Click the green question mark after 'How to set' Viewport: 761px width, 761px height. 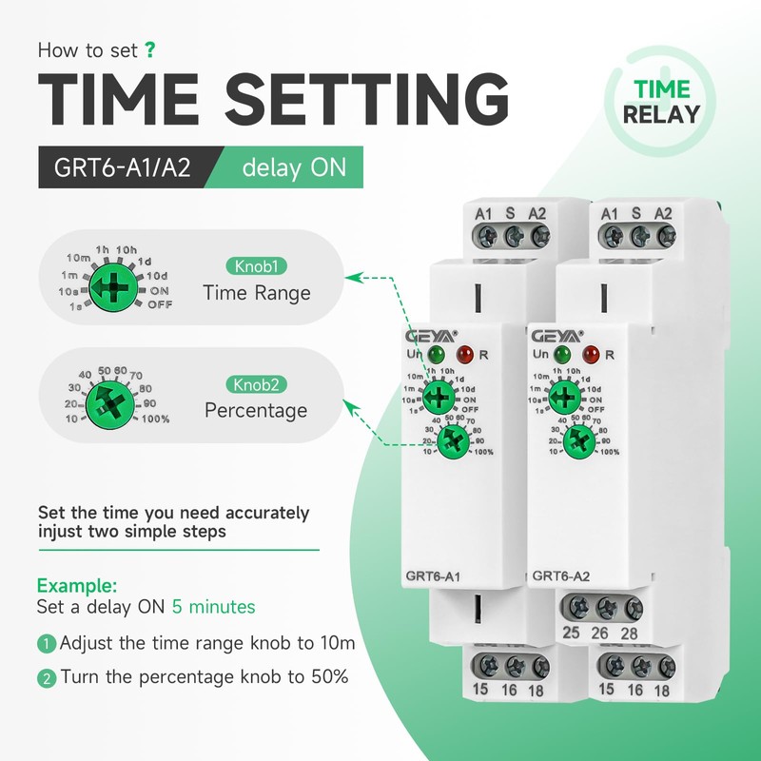(150, 49)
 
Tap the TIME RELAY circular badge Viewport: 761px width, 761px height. (660, 102)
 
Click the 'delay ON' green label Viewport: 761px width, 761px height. (286, 168)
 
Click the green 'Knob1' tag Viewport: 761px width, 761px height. (255, 266)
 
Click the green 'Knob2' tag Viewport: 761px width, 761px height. (255, 385)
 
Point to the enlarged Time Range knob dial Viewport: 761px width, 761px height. (112, 283)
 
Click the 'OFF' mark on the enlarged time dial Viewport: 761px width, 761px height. (159, 304)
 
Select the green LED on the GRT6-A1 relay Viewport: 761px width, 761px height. (437, 356)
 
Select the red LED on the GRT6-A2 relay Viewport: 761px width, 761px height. (590, 356)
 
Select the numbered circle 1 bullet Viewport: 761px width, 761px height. (47, 644)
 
